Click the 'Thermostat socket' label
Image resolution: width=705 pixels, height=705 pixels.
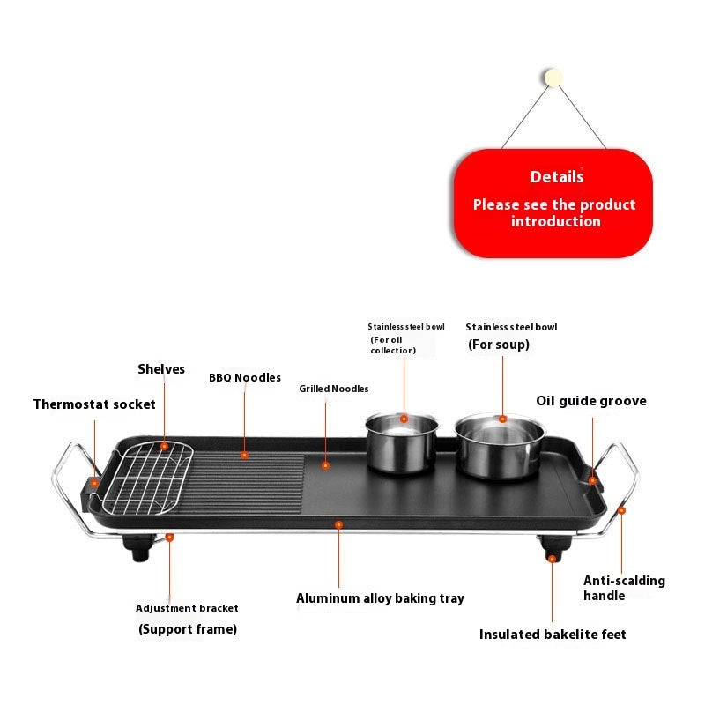94,404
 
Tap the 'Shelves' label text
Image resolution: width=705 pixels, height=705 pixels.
161,369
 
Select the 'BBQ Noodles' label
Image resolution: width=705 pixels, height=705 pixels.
245,378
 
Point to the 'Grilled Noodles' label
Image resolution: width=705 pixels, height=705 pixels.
333,389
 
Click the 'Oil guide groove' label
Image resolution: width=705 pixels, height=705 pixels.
590,401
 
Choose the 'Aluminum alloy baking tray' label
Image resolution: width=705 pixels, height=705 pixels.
380,598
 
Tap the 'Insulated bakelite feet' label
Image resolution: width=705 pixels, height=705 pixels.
553,634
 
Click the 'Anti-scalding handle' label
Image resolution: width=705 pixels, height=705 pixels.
624,588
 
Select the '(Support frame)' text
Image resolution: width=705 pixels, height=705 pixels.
188,629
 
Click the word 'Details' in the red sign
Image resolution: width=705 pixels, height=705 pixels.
556,177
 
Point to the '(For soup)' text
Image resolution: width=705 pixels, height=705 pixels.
498,345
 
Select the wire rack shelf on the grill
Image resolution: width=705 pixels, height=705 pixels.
157,477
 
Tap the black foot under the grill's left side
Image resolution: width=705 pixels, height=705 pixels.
141,553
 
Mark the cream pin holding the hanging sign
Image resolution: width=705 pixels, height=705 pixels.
554,78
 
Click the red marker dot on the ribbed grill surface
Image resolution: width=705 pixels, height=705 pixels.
245,456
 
